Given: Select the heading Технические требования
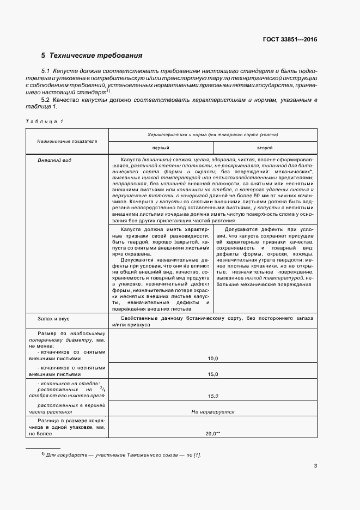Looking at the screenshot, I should pos(96,56).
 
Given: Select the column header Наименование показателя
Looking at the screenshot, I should pos(67,141).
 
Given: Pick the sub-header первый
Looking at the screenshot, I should pos(160,148).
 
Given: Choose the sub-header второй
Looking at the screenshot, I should pos(265,148).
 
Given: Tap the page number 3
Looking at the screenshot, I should pos(315,465).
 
